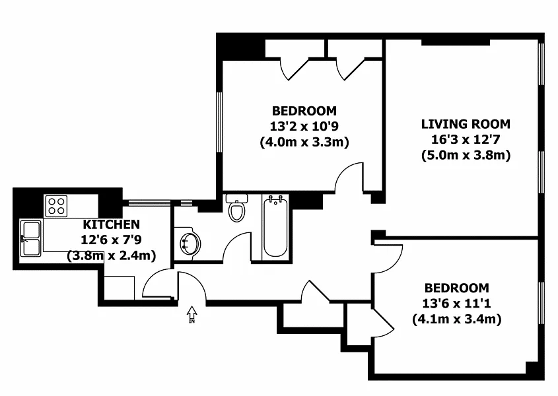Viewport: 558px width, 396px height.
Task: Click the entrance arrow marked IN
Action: [x=192, y=314]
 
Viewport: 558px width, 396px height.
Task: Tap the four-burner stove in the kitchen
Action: [x=56, y=206]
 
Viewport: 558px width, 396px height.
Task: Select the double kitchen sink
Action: [x=30, y=238]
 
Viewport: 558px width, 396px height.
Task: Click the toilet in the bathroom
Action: [x=236, y=208]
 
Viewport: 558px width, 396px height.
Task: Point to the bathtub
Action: [x=275, y=226]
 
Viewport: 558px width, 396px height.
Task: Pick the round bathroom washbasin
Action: [x=190, y=244]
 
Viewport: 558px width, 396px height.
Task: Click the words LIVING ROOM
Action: [x=466, y=124]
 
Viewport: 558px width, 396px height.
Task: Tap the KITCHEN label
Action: [x=112, y=224]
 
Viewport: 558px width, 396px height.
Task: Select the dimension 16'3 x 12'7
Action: [x=466, y=139]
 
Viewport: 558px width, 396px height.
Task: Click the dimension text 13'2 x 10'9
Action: [x=304, y=126]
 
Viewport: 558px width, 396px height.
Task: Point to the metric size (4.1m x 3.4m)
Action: [x=457, y=319]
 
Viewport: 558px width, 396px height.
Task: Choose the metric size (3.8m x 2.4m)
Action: [x=112, y=255]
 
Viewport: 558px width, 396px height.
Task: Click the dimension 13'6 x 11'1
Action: [x=456, y=304]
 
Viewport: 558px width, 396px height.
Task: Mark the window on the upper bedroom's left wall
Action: [x=219, y=123]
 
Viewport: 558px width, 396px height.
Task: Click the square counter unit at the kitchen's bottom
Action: [x=120, y=288]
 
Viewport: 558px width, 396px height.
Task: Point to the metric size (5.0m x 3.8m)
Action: [x=466, y=155]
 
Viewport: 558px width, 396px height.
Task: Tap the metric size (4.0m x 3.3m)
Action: [x=304, y=142]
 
